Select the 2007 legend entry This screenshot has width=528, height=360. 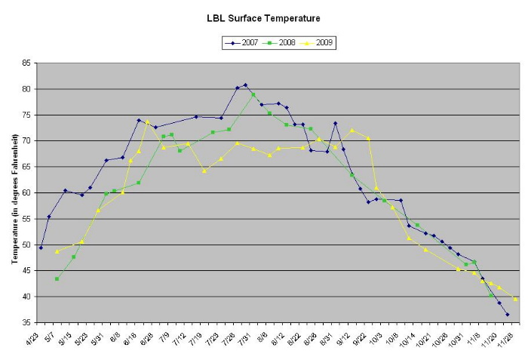point(247,43)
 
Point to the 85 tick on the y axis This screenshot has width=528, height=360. point(27,63)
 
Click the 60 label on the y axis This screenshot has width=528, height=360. point(27,193)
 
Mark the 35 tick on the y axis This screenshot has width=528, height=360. point(27,323)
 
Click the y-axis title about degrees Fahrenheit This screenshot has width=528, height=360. point(15,193)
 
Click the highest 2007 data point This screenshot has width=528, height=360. point(245,85)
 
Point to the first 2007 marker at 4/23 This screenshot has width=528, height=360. point(41,248)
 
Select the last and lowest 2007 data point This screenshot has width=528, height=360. point(507,314)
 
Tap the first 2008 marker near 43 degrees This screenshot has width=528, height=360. point(57,278)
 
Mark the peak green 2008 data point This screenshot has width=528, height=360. point(253,95)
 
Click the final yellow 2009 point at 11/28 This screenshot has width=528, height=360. point(515,299)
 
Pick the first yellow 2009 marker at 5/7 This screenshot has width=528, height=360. point(57,251)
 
